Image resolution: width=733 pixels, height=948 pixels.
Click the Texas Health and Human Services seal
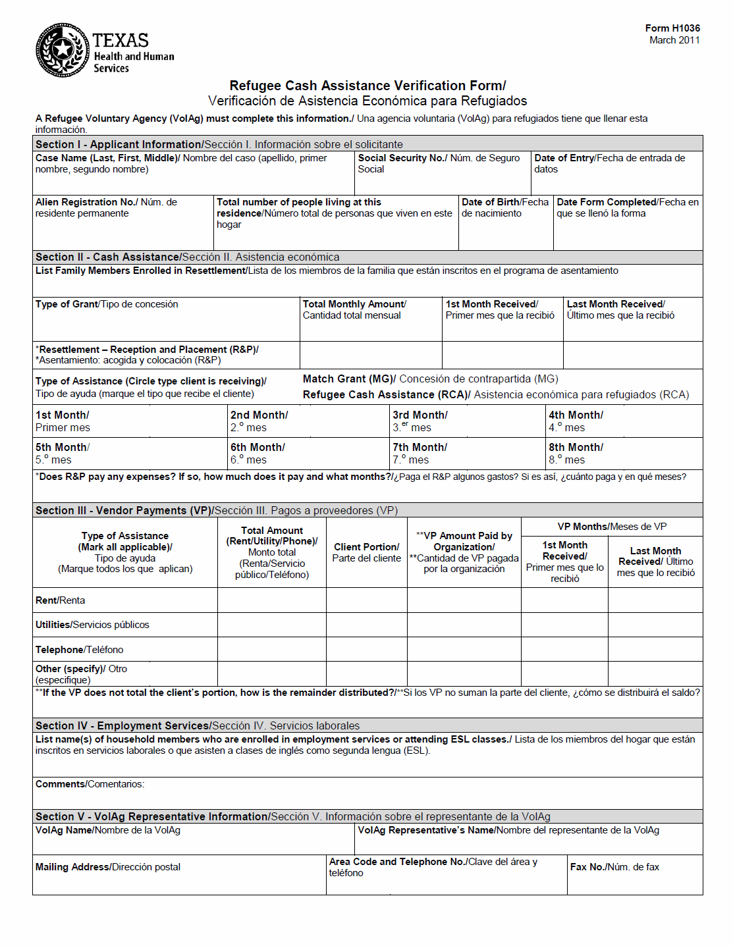[63, 50]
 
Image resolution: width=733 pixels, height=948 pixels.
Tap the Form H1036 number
[672, 28]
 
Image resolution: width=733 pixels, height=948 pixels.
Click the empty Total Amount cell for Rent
[271, 600]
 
